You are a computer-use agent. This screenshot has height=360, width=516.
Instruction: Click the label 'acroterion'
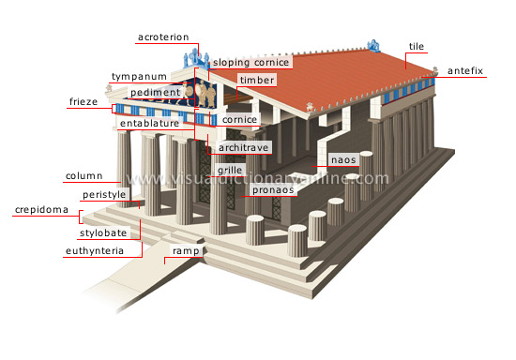pos(163,37)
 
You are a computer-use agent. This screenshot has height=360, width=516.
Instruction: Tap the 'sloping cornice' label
pos(250,63)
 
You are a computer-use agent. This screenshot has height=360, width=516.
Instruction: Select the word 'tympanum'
pos(139,76)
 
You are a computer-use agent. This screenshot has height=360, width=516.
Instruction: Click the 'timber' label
pos(255,82)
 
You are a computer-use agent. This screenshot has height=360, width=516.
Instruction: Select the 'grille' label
pos(229,170)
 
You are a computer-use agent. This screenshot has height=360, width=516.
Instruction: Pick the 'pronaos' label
pos(272,188)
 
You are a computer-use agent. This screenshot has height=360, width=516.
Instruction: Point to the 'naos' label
pos(341,160)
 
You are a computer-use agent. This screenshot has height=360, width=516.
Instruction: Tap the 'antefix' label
pos(465,70)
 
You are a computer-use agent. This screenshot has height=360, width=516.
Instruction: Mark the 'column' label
pos(83,176)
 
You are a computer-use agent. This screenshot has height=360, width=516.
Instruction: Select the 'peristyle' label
pos(103,194)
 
